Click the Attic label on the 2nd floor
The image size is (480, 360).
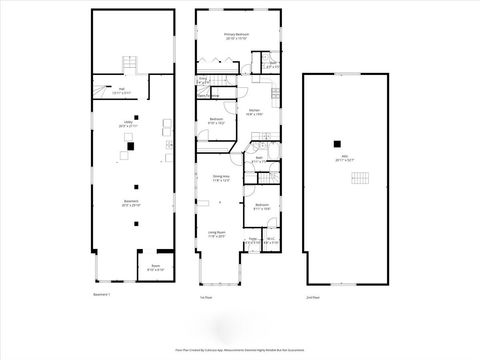pos(345,157)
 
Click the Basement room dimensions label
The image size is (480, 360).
pos(131,203)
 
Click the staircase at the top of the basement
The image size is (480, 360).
pos(128,64)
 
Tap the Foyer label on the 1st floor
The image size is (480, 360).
pos(254,239)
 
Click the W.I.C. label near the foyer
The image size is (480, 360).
pos(271,239)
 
